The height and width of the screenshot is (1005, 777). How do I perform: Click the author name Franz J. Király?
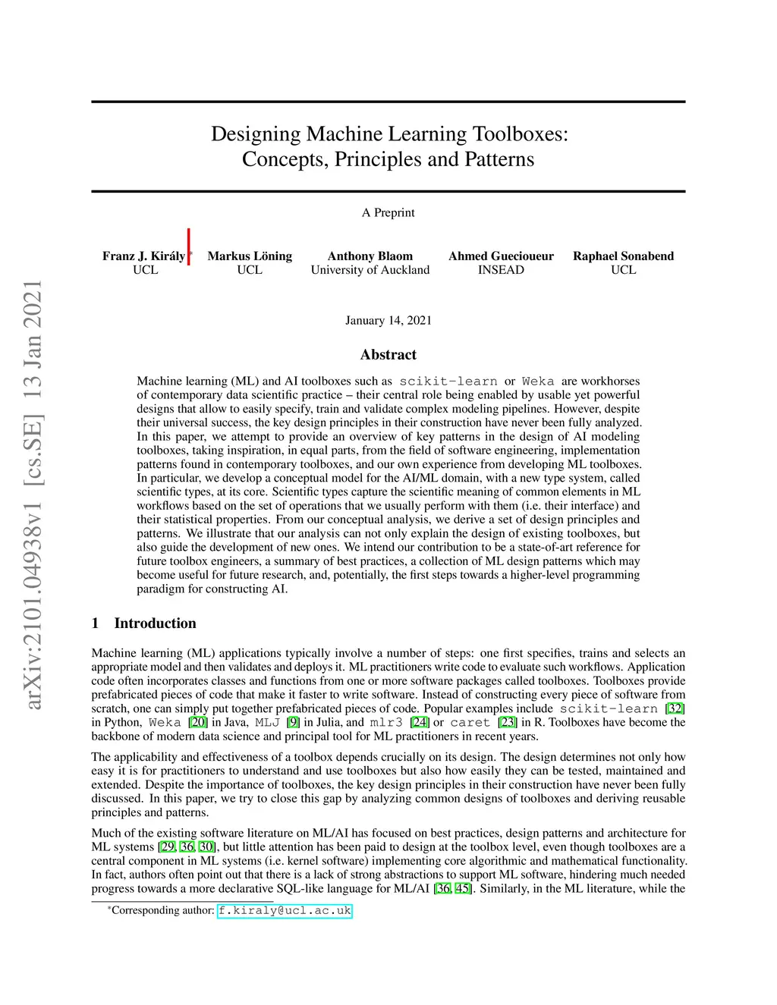click(143, 256)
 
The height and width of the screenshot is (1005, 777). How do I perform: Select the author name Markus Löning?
click(250, 256)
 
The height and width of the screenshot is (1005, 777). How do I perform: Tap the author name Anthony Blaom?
click(370, 256)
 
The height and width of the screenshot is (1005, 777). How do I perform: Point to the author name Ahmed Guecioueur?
click(501, 256)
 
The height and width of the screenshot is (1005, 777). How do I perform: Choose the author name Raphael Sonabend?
click(623, 256)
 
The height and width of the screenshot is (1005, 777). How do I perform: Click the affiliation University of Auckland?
click(370, 270)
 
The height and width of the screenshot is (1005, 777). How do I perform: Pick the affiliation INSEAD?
click(501, 270)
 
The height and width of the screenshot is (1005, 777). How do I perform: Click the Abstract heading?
click(388, 354)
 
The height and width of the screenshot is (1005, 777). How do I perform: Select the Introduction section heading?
click(155, 623)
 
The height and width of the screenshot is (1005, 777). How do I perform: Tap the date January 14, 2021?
click(388, 320)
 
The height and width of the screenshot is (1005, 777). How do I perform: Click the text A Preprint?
click(388, 212)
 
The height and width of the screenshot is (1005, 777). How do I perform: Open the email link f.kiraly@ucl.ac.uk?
click(285, 910)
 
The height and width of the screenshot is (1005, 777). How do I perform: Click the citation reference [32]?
click(675, 708)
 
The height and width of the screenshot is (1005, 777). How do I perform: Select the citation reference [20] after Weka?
click(198, 722)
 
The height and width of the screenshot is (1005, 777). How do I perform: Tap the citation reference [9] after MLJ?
click(293, 722)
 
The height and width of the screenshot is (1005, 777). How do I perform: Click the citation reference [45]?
click(462, 888)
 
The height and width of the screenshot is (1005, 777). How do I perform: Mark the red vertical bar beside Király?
click(189, 247)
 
